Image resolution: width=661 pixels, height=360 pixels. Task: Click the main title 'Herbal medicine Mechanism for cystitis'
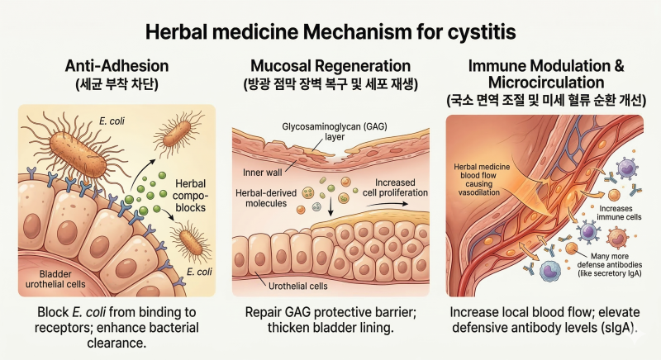[x=330, y=32]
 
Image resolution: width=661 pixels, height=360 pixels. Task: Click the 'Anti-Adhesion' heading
[x=117, y=66]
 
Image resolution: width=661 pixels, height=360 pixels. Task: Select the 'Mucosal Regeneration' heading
[x=330, y=66]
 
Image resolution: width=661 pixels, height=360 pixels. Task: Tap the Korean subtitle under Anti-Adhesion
[x=117, y=84]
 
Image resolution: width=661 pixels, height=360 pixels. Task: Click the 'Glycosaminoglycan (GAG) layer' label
[x=335, y=131]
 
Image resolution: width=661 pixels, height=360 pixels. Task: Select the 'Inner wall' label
[x=262, y=173]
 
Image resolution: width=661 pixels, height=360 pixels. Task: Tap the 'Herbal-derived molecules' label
[x=266, y=198]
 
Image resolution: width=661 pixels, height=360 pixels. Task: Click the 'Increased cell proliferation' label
[x=395, y=187]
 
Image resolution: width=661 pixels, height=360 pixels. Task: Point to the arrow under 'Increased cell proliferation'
[x=387, y=204]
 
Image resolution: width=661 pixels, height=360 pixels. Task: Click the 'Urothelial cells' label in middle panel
[x=298, y=286]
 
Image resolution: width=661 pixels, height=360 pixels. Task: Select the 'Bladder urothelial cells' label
[x=55, y=279]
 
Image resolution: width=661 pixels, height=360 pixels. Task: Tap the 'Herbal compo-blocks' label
[x=191, y=196]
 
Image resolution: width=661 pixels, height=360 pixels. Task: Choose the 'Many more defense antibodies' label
[x=610, y=265]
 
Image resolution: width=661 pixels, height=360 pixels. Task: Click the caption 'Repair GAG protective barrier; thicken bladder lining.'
[x=330, y=320]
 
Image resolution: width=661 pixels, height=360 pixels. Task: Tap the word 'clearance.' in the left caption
[x=117, y=343]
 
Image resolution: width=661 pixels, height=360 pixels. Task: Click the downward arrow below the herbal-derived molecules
[x=330, y=205]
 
